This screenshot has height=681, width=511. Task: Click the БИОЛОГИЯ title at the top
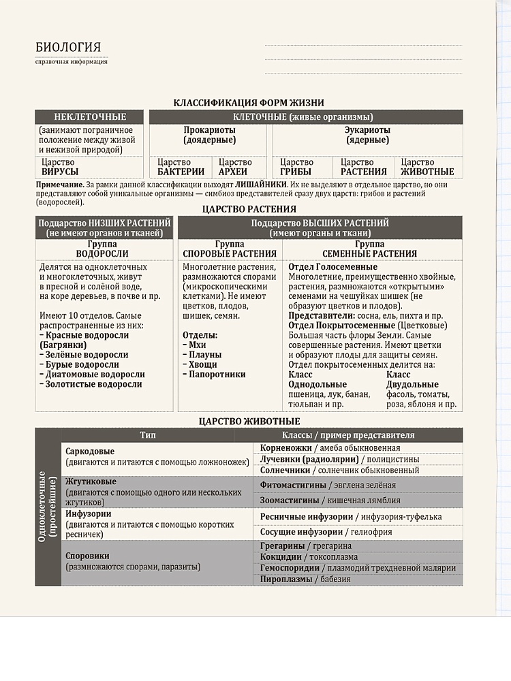coord(68,47)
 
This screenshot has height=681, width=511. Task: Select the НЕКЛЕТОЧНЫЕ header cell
coord(90,117)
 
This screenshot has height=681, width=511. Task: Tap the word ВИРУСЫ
coord(60,172)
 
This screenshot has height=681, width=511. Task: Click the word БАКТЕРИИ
coord(181,172)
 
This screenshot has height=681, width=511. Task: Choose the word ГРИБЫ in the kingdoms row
coord(296,172)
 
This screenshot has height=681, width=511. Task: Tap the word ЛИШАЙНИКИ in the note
coord(261,185)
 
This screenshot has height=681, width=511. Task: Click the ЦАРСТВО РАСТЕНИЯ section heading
coord(249,209)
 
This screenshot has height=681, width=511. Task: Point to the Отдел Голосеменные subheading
coord(332,267)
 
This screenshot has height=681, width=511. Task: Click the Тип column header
coord(148,434)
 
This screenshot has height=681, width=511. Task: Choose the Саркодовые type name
coord(90,452)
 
